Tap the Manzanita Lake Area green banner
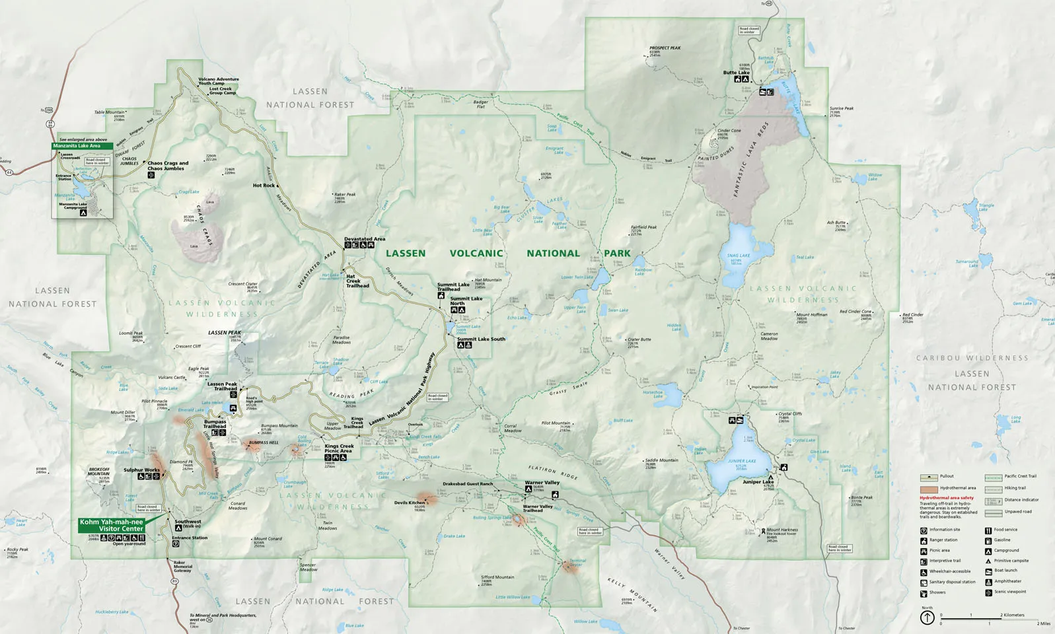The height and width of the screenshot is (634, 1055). pos(77,146)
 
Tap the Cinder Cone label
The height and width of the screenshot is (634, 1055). pos(729,131)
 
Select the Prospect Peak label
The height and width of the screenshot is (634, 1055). pos(665,48)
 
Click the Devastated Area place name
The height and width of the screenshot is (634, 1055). pos(365,239)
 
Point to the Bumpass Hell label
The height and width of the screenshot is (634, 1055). pos(264,442)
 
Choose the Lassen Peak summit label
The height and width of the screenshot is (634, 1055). pos(225,333)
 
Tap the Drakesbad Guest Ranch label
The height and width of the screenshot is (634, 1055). pos(468,483)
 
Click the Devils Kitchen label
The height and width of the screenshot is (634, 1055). pos(410,503)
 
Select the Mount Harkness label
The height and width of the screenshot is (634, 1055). pos(782,530)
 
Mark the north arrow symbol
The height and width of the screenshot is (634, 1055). pos(927,617)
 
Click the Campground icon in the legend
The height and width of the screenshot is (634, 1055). pos(988,551)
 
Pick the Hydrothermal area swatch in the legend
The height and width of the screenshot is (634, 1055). pos(929,488)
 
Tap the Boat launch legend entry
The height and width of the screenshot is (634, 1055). pos(1005,570)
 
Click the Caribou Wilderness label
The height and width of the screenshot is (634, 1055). pos(972,358)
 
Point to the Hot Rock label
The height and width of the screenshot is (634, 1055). pos(264,186)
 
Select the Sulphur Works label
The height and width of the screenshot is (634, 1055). pos(141,470)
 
